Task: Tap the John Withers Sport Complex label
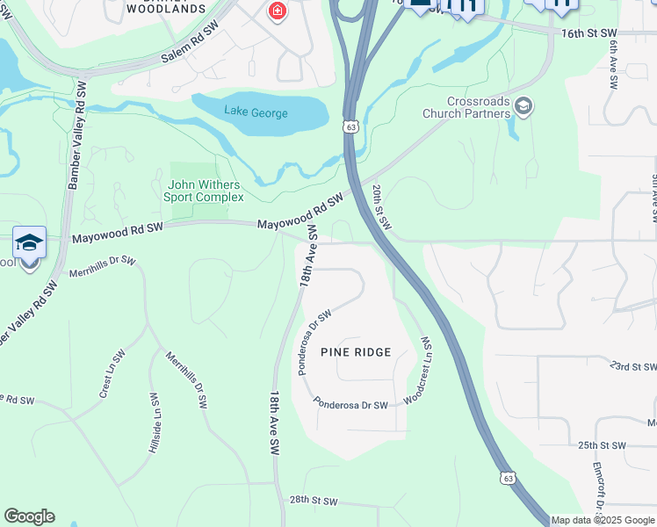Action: [204, 191]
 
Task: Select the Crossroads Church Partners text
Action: [466, 107]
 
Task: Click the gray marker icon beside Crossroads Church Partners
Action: [523, 107]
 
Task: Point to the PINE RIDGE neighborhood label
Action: [356, 352]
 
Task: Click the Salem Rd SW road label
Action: [189, 46]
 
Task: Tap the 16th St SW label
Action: [589, 32]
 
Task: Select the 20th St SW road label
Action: [380, 206]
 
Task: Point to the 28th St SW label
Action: [314, 501]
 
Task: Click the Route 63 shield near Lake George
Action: [351, 127]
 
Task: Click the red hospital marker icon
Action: [277, 11]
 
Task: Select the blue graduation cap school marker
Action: [29, 242]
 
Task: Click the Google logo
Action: [29, 516]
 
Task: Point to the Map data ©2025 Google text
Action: [603, 520]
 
